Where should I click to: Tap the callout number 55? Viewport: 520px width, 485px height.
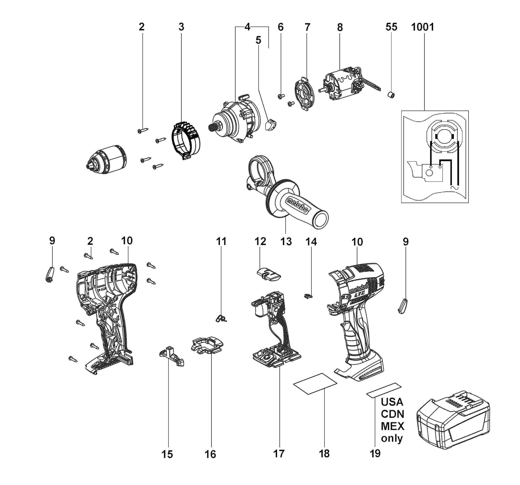tap(391, 27)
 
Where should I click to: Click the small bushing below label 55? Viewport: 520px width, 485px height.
tap(391, 95)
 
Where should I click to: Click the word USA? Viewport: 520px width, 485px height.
tap(392, 401)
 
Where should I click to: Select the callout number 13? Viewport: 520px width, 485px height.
tap(286, 242)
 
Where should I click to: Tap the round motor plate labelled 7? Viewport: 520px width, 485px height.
tap(305, 94)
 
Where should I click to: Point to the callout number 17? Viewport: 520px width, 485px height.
tap(279, 454)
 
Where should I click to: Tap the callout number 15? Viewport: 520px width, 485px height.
tap(167, 454)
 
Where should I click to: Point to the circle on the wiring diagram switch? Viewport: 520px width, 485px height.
tap(429, 173)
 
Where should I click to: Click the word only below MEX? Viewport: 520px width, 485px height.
tap(392, 438)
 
